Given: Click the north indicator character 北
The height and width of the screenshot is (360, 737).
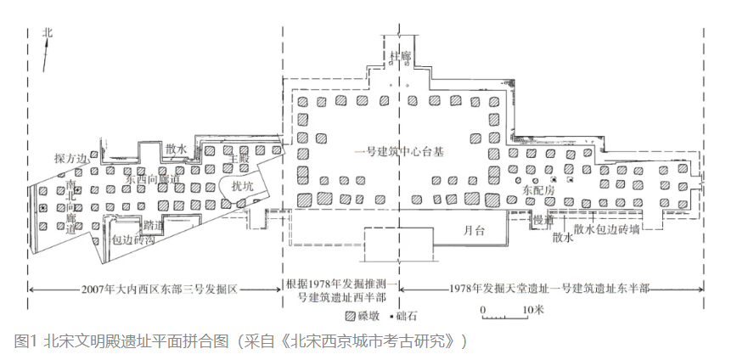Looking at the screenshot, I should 48,32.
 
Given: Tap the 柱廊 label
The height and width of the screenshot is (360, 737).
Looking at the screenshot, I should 399,56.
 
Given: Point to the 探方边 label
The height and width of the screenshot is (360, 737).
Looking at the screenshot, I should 70,159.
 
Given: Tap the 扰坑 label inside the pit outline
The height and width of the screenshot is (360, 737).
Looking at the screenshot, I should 242,183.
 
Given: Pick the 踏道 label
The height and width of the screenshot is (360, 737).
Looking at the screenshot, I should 154,225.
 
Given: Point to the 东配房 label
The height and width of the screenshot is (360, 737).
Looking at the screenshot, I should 539,191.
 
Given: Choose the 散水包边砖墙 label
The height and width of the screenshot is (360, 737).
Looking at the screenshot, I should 606,229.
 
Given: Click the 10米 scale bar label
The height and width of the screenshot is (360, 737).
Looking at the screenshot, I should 533,309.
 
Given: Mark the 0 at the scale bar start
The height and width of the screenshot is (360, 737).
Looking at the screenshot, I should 482,309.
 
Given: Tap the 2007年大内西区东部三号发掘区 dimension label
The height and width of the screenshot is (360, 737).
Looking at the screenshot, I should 154,289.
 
